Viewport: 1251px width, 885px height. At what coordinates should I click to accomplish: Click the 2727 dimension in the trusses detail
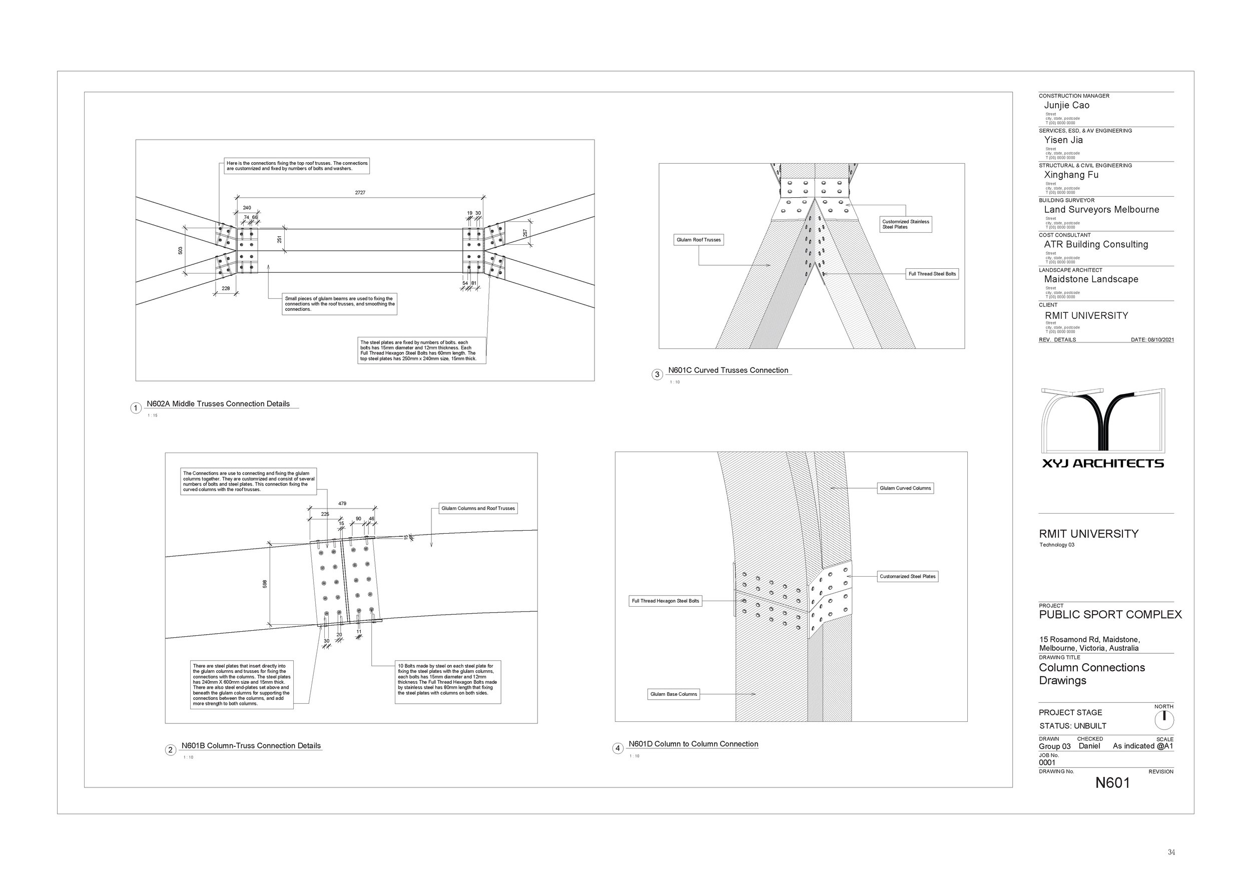coord(360,193)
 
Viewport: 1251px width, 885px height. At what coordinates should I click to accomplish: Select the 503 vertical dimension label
coord(180,251)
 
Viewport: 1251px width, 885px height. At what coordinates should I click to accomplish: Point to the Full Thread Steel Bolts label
coord(932,274)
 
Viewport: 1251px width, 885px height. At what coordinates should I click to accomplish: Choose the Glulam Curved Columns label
coord(905,488)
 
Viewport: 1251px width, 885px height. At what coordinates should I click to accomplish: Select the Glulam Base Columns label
coord(674,694)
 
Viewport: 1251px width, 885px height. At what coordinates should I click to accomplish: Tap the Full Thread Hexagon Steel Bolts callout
coord(665,601)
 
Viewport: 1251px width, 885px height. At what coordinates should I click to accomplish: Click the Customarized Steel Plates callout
coord(907,577)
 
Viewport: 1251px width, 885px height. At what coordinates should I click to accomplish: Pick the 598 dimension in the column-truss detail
coord(265,584)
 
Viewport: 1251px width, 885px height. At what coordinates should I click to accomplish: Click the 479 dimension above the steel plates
coord(342,504)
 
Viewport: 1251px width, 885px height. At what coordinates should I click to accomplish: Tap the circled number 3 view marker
coord(657,374)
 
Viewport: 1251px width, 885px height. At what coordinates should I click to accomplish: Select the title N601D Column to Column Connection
coord(693,744)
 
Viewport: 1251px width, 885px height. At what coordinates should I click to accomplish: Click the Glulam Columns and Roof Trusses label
coord(478,509)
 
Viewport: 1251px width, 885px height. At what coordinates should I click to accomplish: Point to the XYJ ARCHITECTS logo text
coord(1103,464)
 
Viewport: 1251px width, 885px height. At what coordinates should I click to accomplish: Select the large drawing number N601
coord(1112,783)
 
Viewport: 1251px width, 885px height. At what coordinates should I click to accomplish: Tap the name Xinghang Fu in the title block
coord(1071,175)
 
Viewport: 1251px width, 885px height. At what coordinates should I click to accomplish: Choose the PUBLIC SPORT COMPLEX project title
coord(1110,615)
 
